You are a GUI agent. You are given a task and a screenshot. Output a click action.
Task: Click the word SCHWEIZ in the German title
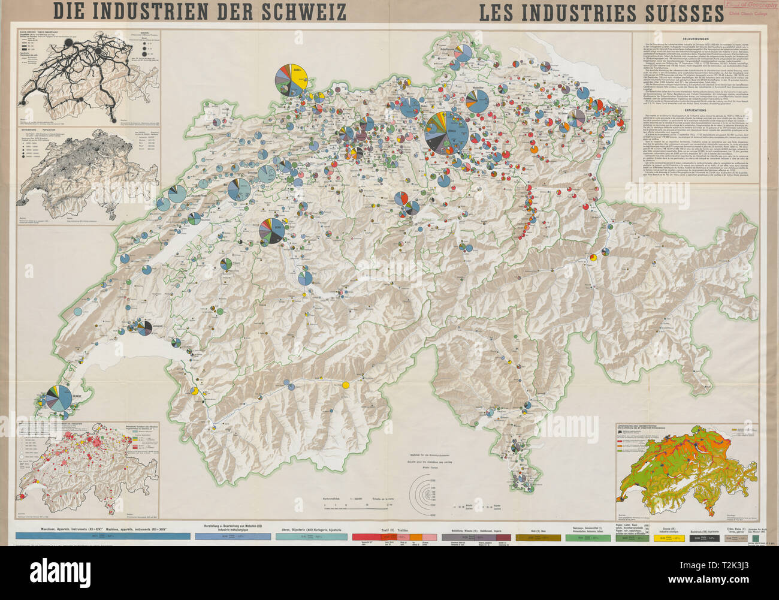click(297, 11)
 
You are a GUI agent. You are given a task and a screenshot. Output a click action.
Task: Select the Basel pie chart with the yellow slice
click(292, 81)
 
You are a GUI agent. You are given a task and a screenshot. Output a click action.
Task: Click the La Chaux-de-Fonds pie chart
click(177, 194)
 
